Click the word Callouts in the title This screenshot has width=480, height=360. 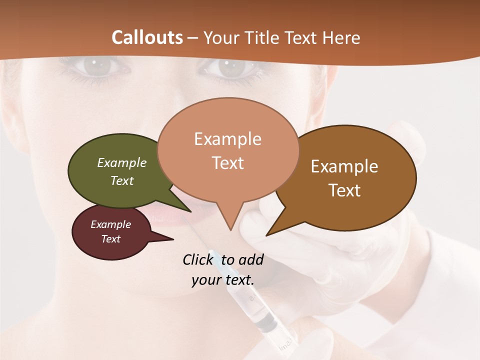click(147, 37)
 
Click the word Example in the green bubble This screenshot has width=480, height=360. click(122, 163)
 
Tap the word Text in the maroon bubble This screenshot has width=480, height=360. click(111, 239)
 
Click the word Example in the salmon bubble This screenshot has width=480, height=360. click(227, 139)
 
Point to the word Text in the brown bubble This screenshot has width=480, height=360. click(344, 190)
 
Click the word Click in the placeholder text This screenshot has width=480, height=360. click(197, 259)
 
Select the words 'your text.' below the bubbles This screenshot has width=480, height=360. click(223, 280)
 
